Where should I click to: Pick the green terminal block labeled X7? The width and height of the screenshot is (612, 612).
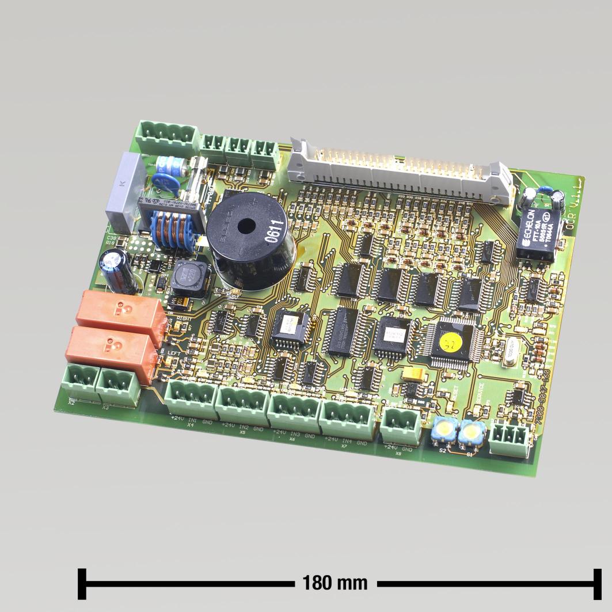tap(346, 420)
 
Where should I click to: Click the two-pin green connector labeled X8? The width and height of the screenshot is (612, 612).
tap(400, 427)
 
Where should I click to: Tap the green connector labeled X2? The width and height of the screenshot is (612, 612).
tap(81, 380)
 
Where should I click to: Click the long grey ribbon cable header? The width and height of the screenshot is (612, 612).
tap(397, 170)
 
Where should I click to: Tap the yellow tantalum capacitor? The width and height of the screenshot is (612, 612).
tap(417, 375)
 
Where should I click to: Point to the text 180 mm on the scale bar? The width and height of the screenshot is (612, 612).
tap(335, 583)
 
